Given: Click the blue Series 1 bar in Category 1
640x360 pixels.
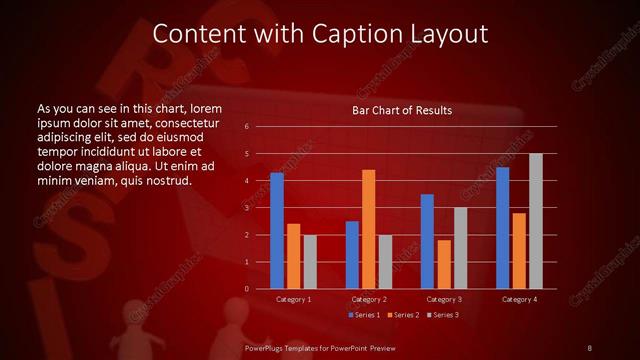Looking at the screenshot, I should pos(277,231).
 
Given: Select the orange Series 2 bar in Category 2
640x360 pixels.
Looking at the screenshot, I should pos(369,229).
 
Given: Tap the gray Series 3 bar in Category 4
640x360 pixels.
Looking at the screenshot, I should pos(536,221).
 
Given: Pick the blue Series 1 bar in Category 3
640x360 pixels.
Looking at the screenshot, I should pos(427,241).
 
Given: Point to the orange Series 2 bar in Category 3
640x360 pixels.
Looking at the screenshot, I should pos(444,264).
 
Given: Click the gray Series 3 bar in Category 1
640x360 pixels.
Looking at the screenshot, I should pos(310,261).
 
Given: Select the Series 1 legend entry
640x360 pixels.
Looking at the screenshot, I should pos(363,315).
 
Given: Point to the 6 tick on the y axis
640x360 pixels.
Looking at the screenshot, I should pos(247,127).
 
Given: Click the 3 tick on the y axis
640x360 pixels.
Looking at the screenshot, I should pos(247,208).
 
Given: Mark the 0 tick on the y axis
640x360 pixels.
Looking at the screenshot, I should pos(247,289).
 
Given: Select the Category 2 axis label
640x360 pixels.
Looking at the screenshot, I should pos(369,299).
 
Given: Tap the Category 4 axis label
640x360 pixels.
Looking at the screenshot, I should pos(519,299).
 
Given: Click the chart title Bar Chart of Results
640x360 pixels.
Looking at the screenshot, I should pos(402,109).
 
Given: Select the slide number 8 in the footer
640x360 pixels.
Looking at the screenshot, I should pos(589,347).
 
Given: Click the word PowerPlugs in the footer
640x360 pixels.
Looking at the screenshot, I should pos(268,347).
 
